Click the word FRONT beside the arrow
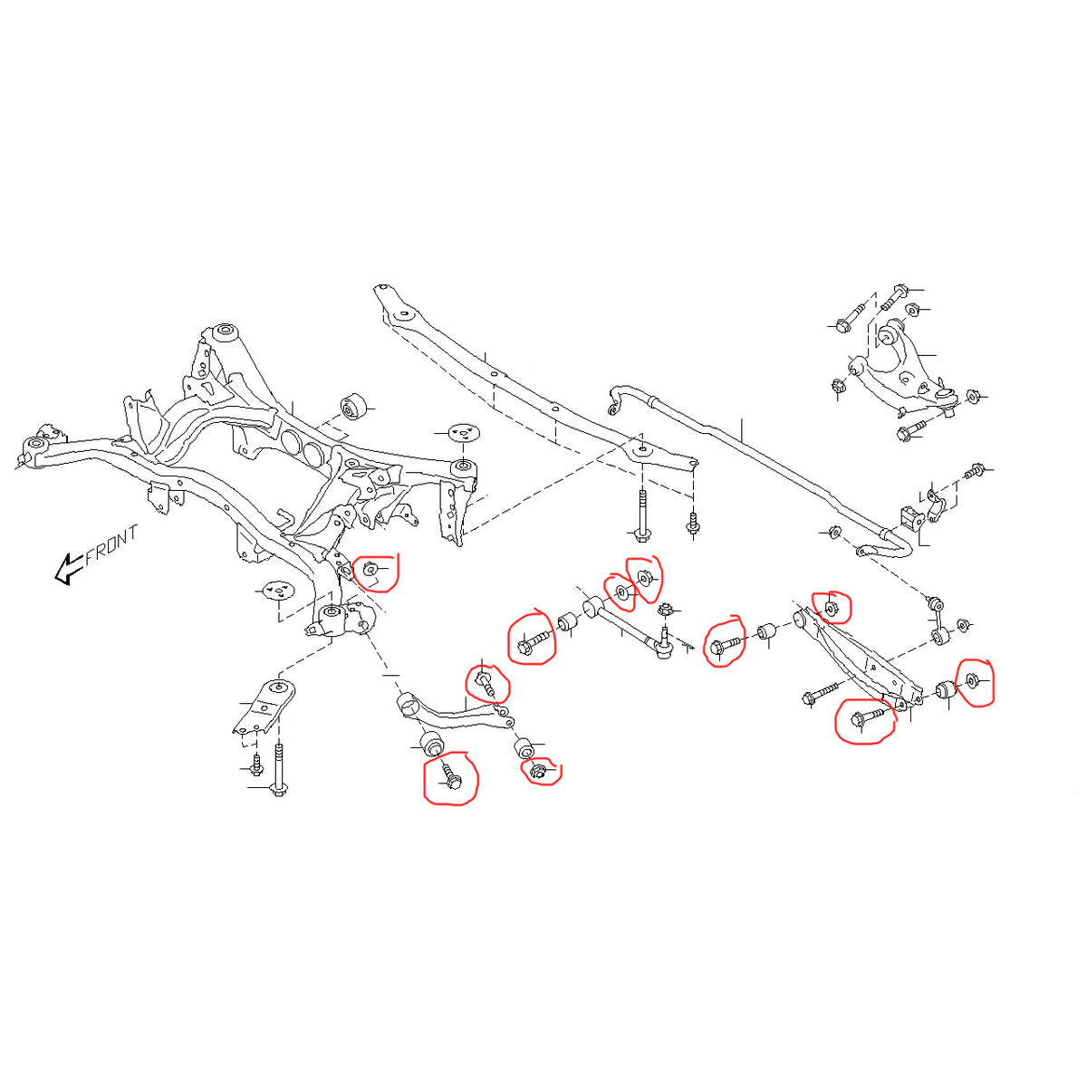click(x=111, y=545)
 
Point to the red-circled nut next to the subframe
click(x=370, y=571)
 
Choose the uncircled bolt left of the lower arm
click(x=819, y=696)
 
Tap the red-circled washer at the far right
click(x=973, y=680)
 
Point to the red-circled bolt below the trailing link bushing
click(x=451, y=777)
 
